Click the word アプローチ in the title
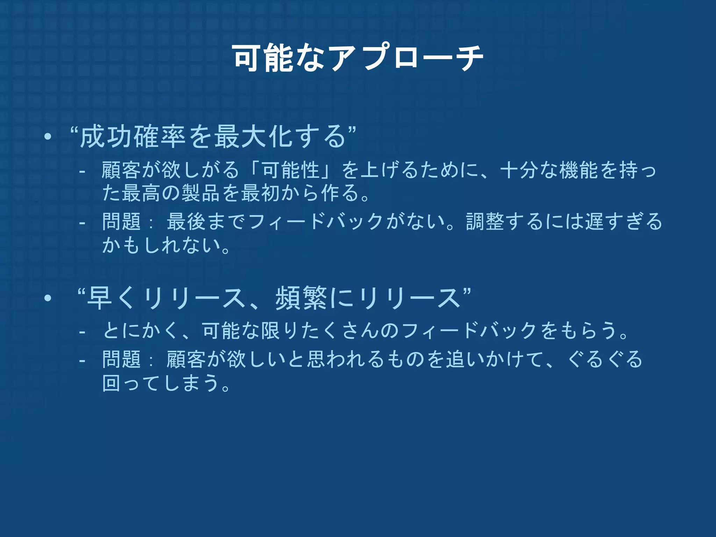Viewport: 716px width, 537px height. tap(406, 58)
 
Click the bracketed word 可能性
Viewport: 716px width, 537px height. tap(291, 170)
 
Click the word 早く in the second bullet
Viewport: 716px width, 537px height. tap(112, 298)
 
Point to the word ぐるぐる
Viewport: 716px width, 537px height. tap(605, 359)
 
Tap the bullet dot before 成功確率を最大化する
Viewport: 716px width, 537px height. tap(48, 137)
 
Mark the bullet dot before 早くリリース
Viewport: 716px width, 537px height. tap(48, 299)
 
